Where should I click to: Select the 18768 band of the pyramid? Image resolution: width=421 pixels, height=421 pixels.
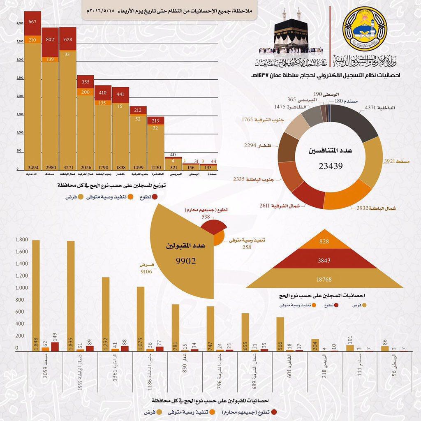[x=324, y=280]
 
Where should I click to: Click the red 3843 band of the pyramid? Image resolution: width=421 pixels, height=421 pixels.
[x=324, y=261]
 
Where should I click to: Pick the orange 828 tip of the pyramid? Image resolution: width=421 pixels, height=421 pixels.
[x=324, y=241]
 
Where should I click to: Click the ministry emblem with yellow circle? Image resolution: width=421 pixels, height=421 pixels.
[x=365, y=28]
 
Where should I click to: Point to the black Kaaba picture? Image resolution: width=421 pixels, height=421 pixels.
[x=291, y=33]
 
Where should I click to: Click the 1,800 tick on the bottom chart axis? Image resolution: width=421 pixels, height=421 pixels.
[x=21, y=240]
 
